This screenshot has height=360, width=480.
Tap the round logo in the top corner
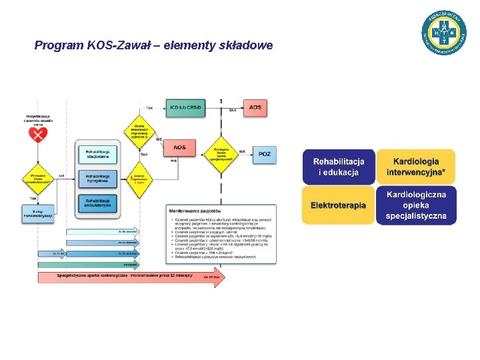point(444,32)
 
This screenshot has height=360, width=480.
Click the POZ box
point(265,154)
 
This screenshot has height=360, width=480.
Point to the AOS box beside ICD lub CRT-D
point(255,107)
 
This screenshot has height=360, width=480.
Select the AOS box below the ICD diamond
point(180,147)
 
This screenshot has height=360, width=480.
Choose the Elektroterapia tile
point(339,205)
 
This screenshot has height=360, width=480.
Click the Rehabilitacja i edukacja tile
point(339,167)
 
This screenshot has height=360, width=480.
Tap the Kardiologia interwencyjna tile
point(416,167)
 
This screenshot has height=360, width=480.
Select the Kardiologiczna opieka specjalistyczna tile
point(416,205)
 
